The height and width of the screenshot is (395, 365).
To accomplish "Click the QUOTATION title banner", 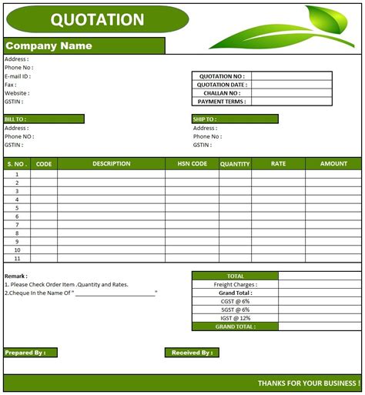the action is click(x=96, y=19).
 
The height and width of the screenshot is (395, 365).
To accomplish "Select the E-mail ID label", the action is click(x=18, y=75).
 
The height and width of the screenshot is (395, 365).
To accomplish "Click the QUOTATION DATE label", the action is click(x=222, y=85).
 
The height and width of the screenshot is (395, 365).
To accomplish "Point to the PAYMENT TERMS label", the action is click(x=222, y=102).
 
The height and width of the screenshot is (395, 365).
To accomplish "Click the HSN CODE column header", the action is click(x=192, y=163).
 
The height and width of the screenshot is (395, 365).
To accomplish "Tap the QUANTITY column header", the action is click(x=235, y=163).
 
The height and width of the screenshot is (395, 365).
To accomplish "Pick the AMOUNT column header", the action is click(x=333, y=163).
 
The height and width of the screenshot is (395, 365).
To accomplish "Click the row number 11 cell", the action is click(x=16, y=259).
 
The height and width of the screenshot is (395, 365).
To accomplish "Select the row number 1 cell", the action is click(x=16, y=174).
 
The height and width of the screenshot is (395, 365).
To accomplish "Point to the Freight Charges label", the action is click(x=235, y=284).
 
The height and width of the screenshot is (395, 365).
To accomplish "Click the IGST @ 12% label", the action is click(x=235, y=318).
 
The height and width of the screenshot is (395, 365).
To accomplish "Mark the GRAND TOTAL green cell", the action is click(x=235, y=326).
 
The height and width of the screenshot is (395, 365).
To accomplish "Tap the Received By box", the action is click(x=192, y=353).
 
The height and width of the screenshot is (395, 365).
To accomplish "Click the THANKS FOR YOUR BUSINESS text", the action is click(x=308, y=383).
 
